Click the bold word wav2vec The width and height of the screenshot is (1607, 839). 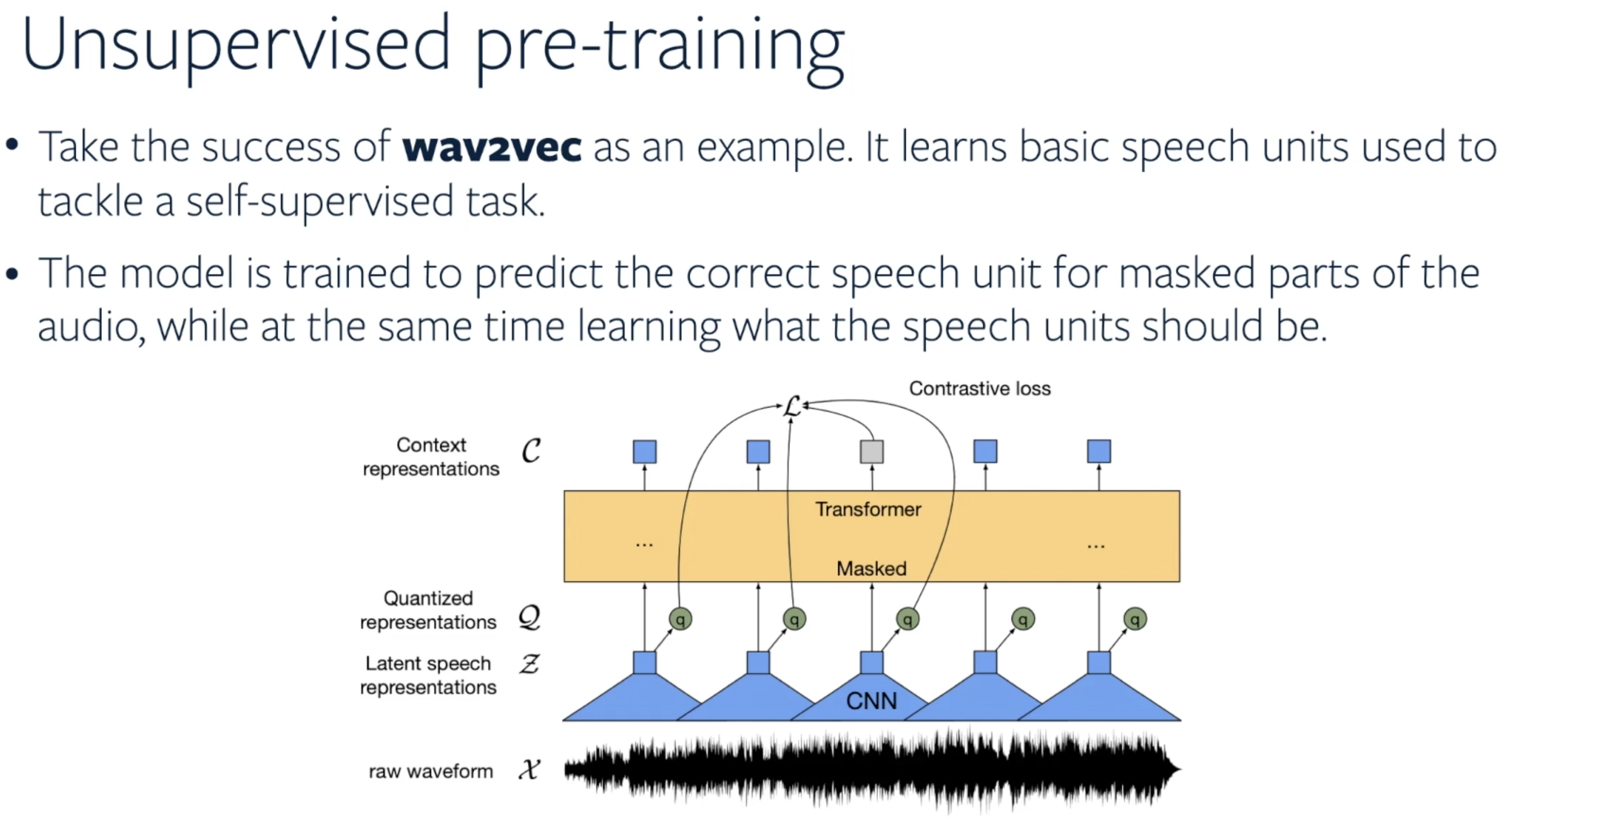pyautogui.click(x=492, y=148)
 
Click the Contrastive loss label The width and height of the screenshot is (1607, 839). pyautogui.click(x=979, y=389)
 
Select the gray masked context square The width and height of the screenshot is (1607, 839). pyautogui.click(x=872, y=451)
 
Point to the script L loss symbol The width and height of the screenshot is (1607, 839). pyautogui.click(x=792, y=407)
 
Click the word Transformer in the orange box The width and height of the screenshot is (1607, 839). pyautogui.click(x=868, y=510)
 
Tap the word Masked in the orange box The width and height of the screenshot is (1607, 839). pyautogui.click(x=872, y=568)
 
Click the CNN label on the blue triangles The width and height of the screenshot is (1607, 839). pyautogui.click(x=872, y=701)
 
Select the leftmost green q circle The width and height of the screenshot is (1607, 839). pyautogui.click(x=680, y=619)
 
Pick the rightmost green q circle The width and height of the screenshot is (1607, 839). pyautogui.click(x=1135, y=619)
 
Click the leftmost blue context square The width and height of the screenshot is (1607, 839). pyautogui.click(x=644, y=451)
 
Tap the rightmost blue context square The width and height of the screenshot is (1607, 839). pyautogui.click(x=1099, y=451)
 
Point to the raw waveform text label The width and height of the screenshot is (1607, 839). pyautogui.click(x=430, y=772)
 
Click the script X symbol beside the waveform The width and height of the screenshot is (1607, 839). pyautogui.click(x=529, y=770)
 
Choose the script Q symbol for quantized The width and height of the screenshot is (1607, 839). pyautogui.click(x=530, y=618)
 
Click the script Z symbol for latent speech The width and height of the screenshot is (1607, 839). pyautogui.click(x=529, y=664)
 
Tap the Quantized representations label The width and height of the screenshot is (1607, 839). pyautogui.click(x=429, y=610)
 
